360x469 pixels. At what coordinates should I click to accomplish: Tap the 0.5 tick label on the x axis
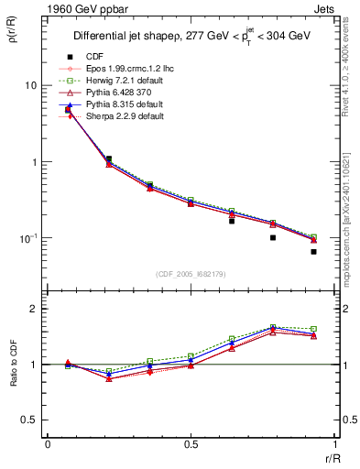(191, 443)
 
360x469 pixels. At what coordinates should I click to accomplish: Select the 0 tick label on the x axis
(48, 443)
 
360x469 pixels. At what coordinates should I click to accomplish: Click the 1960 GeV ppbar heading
(57, 7)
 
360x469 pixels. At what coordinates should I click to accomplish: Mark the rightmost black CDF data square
(313, 252)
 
